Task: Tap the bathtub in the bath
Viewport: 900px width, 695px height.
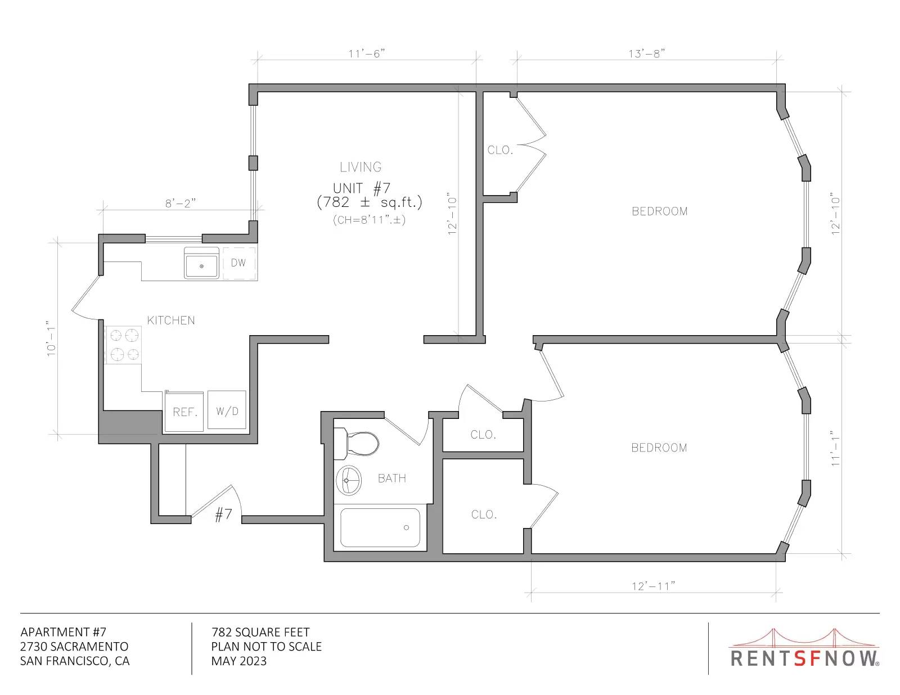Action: point(380,527)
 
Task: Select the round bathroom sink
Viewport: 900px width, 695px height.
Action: point(349,480)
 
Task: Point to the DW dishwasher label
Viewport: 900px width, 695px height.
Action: point(238,263)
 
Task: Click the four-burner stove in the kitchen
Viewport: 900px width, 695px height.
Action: point(123,345)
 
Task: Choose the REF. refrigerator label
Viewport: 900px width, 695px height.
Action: point(185,412)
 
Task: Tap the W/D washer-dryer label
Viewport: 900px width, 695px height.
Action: point(227,411)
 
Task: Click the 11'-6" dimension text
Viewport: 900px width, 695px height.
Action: point(367,54)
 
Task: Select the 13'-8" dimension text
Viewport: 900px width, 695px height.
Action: point(646,54)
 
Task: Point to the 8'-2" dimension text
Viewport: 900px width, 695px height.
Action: point(181,203)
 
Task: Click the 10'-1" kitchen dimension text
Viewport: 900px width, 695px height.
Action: point(51,338)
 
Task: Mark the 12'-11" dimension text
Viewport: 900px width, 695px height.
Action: point(653,586)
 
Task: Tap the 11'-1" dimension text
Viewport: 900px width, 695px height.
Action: point(835,448)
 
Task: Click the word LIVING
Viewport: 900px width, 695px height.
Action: point(361,167)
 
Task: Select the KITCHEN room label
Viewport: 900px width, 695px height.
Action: point(171,321)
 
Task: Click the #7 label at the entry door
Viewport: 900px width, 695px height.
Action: point(224,515)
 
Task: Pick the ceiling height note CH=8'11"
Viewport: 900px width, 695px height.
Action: point(369,220)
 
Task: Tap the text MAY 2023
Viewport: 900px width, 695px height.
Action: point(239,661)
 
